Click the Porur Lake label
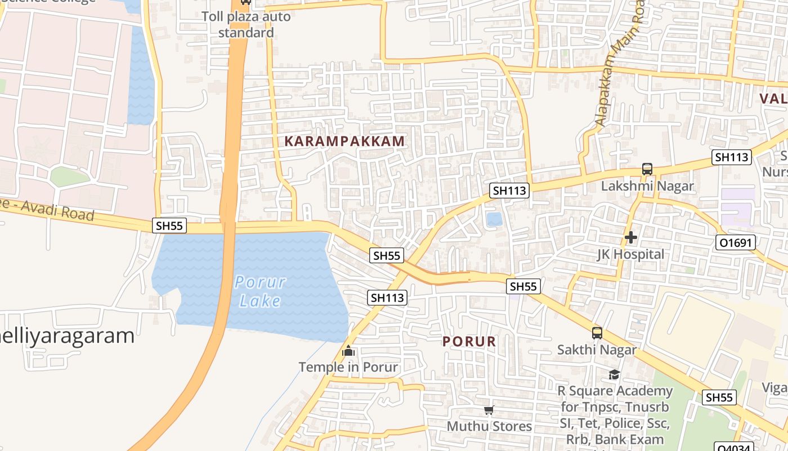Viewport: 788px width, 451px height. pyautogui.click(x=260, y=291)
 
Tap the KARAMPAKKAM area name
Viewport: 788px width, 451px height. pyautogui.click(x=344, y=141)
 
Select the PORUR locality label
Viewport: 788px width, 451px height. pyautogui.click(x=469, y=342)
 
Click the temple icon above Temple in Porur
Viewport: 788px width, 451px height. pyautogui.click(x=348, y=351)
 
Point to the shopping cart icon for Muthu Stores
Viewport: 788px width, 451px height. pyautogui.click(x=489, y=410)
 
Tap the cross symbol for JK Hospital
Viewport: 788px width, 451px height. pyautogui.click(x=631, y=237)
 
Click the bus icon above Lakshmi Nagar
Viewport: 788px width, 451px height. pyautogui.click(x=647, y=169)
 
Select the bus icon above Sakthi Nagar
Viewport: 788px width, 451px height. pyautogui.click(x=597, y=333)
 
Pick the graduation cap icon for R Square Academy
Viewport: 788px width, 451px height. pyautogui.click(x=614, y=374)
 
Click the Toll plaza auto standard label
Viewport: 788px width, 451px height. pyautogui.click(x=247, y=24)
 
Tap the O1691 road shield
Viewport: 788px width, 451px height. pyautogui.click(x=736, y=242)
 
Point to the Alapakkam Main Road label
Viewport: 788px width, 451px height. pyautogui.click(x=618, y=68)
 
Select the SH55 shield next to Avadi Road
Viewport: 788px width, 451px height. pyautogui.click(x=169, y=225)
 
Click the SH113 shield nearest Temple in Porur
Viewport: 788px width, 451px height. pyautogui.click(x=387, y=297)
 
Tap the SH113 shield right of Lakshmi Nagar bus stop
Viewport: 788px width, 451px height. pyautogui.click(x=732, y=157)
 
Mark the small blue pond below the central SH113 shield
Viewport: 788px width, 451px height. pyautogui.click(x=494, y=219)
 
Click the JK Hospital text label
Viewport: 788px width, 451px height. pyautogui.click(x=630, y=254)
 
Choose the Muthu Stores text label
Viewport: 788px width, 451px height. pyautogui.click(x=489, y=426)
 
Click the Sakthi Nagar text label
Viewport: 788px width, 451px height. pyautogui.click(x=597, y=350)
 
